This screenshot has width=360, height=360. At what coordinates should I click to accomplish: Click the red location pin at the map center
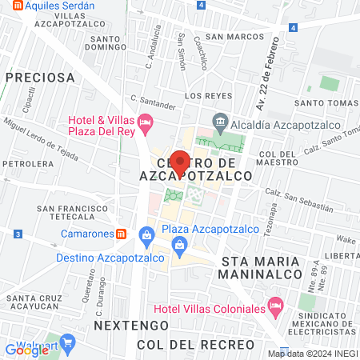(180, 162)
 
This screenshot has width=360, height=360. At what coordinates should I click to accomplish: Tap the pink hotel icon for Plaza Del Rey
(145, 123)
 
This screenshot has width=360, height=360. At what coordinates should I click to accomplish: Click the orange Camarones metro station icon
(121, 234)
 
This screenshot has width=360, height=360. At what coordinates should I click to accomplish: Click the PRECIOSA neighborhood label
(39, 78)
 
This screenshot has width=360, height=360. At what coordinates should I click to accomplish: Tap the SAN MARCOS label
(235, 36)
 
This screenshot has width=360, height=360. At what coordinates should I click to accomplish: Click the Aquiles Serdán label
(59, 5)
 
